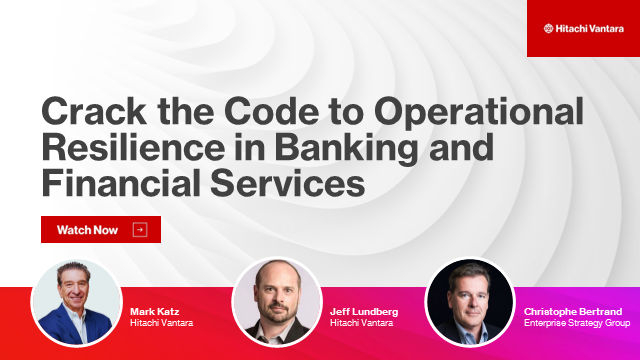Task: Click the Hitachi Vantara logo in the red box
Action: tap(582, 28)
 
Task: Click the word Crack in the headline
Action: tap(84, 112)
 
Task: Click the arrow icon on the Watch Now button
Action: tap(140, 230)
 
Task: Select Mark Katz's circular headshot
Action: tap(76, 302)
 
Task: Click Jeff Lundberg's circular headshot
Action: tap(276, 302)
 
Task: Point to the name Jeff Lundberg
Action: tap(362, 311)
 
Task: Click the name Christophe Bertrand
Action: tap(571, 311)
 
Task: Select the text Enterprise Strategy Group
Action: tap(573, 323)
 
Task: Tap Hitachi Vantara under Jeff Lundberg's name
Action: tap(361, 323)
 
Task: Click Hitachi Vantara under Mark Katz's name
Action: tap(160, 323)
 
